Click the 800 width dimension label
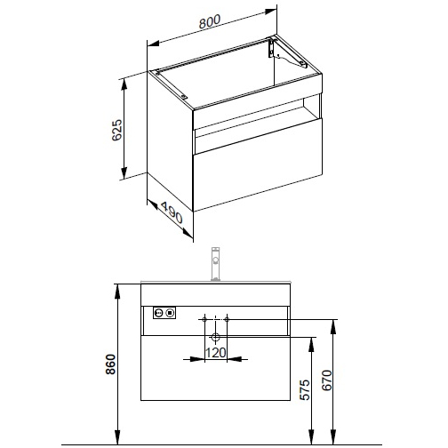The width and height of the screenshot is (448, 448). (x=210, y=21)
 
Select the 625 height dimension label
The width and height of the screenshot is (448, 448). (x=117, y=130)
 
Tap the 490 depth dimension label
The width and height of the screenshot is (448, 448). (x=172, y=212)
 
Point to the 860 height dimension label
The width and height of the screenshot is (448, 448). (x=110, y=364)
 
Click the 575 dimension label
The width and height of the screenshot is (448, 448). (x=305, y=389)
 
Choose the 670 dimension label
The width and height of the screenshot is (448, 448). (x=327, y=380)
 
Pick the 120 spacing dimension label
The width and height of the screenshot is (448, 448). (x=215, y=353)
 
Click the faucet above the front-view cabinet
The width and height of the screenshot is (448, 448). (x=216, y=264)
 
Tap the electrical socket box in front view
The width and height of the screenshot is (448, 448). (x=164, y=313)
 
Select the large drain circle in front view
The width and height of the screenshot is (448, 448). (x=215, y=337)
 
